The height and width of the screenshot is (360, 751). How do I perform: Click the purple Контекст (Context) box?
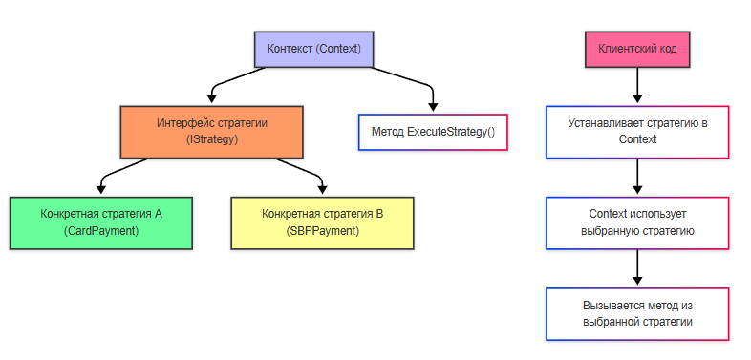click(x=313, y=49)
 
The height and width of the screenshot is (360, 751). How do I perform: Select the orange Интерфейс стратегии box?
click(x=212, y=132)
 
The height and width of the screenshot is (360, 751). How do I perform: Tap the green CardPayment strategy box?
click(x=101, y=222)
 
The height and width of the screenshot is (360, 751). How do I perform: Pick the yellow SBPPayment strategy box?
click(x=322, y=222)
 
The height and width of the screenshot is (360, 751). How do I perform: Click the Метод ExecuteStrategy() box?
click(x=433, y=132)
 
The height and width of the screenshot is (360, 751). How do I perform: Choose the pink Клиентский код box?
click(x=637, y=49)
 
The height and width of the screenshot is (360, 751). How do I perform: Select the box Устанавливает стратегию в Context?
click(x=637, y=132)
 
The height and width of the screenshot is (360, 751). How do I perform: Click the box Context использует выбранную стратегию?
click(x=637, y=222)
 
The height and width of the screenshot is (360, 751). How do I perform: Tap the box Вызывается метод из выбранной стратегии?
click(x=637, y=313)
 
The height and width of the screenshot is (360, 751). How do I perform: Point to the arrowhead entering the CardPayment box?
click(x=101, y=190)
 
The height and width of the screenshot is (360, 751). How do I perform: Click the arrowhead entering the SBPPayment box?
click(x=322, y=190)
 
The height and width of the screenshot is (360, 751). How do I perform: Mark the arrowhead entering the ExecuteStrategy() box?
click(x=433, y=108)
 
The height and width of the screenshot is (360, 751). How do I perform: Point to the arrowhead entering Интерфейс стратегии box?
click(x=212, y=99)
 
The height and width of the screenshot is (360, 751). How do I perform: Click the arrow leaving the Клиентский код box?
click(x=637, y=86)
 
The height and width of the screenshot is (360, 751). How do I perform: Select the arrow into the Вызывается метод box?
click(x=637, y=268)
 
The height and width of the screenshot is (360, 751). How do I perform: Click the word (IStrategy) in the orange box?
click(x=212, y=139)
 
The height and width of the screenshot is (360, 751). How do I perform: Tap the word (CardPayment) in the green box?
click(x=101, y=231)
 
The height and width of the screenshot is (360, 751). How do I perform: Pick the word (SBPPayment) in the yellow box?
click(x=322, y=231)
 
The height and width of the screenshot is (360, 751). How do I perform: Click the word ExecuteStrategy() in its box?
click(x=451, y=132)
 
